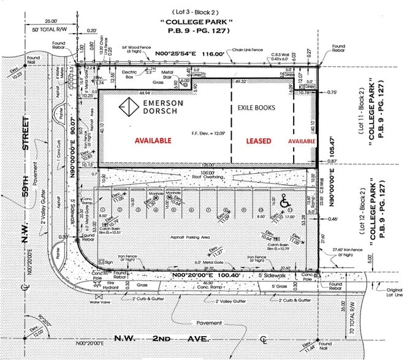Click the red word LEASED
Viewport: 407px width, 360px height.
pyautogui.click(x=258, y=140)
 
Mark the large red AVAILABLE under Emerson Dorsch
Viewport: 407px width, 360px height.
pyautogui.click(x=148, y=140)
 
